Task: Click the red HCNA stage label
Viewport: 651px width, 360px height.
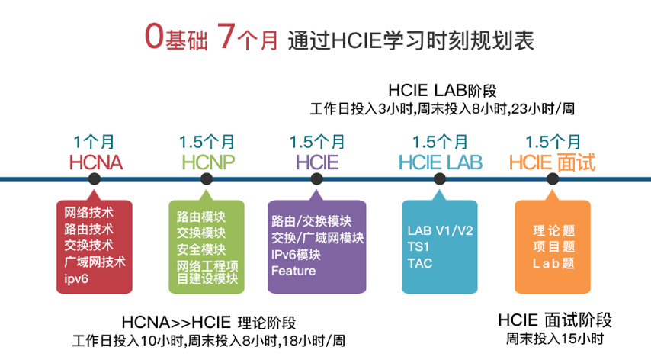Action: tap(96, 162)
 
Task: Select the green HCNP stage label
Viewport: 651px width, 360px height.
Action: tap(208, 162)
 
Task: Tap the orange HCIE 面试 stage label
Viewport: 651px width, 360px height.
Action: tap(552, 162)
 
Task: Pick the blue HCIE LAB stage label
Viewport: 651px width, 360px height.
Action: tap(440, 162)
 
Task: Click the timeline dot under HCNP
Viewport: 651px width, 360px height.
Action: tap(207, 179)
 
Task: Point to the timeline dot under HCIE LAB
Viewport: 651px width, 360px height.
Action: tap(440, 179)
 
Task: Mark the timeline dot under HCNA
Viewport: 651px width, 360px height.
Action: tap(95, 179)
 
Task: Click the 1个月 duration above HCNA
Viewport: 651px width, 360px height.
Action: tap(94, 142)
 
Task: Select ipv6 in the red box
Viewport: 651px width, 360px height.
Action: tap(76, 278)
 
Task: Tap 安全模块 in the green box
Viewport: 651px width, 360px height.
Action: tap(201, 249)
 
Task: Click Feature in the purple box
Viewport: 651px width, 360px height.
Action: tap(293, 271)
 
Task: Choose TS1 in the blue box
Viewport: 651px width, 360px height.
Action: tap(418, 246)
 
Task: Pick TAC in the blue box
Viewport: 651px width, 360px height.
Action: tap(420, 263)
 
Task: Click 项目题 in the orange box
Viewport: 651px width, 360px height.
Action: tap(554, 246)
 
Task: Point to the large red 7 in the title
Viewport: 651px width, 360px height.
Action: tap(226, 36)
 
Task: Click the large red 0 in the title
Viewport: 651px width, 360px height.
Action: tap(154, 36)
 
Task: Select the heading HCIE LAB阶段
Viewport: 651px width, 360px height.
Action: tap(442, 90)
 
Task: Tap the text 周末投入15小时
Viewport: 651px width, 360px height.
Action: tap(555, 339)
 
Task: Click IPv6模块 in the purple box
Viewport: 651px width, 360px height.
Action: tap(296, 254)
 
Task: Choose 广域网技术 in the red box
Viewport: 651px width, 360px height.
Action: tap(95, 262)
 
